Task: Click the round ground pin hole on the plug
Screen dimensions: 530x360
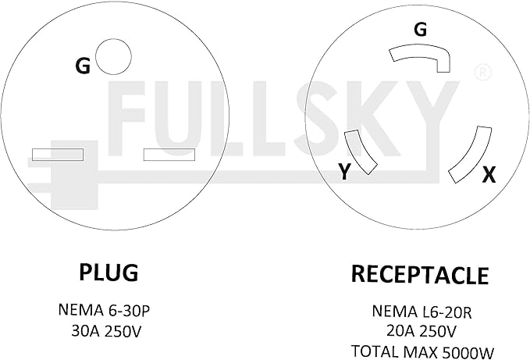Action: (113, 56)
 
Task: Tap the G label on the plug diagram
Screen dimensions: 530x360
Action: (83, 66)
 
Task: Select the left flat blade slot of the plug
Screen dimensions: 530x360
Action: (58, 155)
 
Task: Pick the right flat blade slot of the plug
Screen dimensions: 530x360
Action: (169, 155)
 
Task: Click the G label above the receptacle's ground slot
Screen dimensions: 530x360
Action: (420, 29)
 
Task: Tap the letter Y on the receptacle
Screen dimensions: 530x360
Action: (344, 171)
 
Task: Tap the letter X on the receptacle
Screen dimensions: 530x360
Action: (489, 175)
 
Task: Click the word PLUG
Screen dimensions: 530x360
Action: (108, 273)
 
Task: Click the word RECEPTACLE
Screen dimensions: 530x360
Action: (420, 274)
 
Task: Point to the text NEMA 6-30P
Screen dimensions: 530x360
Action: (104, 310)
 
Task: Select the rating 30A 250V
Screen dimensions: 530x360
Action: (106, 331)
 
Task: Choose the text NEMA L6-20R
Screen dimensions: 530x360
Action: (422, 312)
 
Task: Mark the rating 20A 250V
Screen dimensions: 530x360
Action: (422, 331)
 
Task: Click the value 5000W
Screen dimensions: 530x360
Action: (468, 352)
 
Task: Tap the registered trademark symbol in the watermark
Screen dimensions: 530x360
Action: (482, 73)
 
